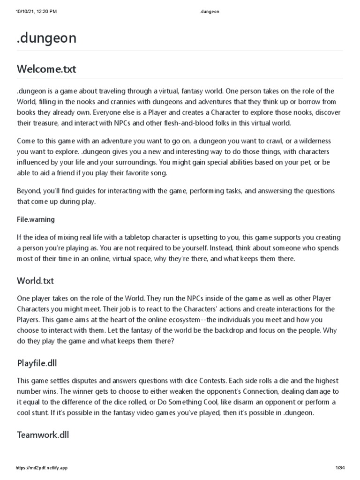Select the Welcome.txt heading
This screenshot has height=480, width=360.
point(46,69)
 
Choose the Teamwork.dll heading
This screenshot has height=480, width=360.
point(43,435)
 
